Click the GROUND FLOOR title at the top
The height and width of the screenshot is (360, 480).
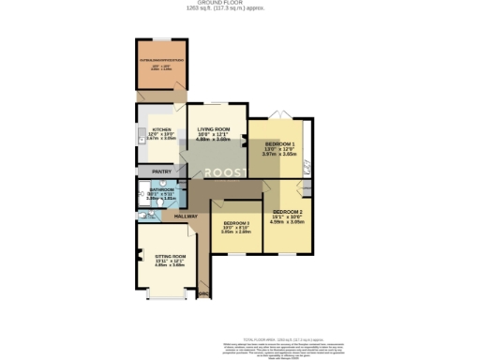point(239,3)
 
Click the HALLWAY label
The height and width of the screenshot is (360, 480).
point(186,216)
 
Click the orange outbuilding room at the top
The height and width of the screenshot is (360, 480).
point(162,65)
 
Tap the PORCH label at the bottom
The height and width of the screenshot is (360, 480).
point(203,294)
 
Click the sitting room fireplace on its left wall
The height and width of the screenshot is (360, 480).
point(138,258)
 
